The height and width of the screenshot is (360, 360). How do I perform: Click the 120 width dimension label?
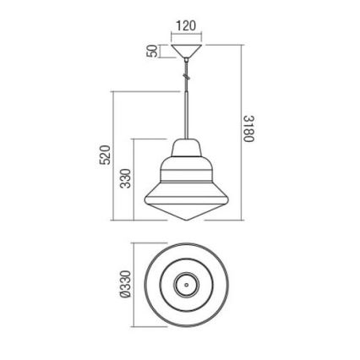[185, 25]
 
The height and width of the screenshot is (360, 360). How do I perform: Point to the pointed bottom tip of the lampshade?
[185, 219]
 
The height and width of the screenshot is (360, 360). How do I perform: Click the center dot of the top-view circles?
[185, 284]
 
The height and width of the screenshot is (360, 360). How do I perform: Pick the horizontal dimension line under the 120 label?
[185, 35]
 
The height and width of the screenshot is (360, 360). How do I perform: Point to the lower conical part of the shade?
[185, 203]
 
